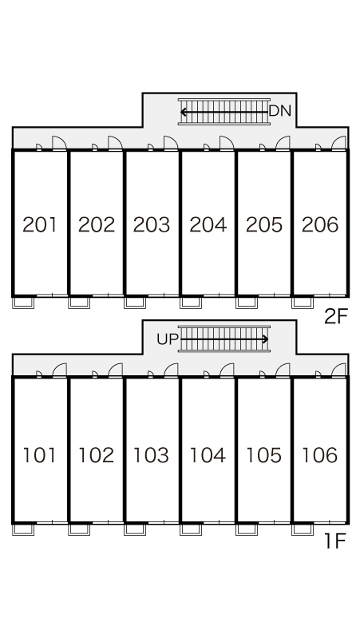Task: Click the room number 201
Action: click(x=40, y=224)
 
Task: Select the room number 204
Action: click(x=208, y=224)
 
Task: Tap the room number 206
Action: click(x=320, y=224)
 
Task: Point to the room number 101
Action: click(x=39, y=455)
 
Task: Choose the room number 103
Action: click(x=151, y=455)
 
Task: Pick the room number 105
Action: click(x=264, y=455)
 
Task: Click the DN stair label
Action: click(x=280, y=112)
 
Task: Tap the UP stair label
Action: click(x=168, y=339)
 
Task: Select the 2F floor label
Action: click(x=336, y=315)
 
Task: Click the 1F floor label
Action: click(x=334, y=541)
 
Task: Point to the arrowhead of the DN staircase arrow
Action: click(x=183, y=113)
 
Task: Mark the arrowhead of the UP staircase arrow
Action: click(x=266, y=339)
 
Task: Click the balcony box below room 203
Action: click(x=135, y=303)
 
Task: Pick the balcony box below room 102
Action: click(x=79, y=529)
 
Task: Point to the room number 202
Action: click(x=96, y=224)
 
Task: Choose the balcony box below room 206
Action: click(x=303, y=303)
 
